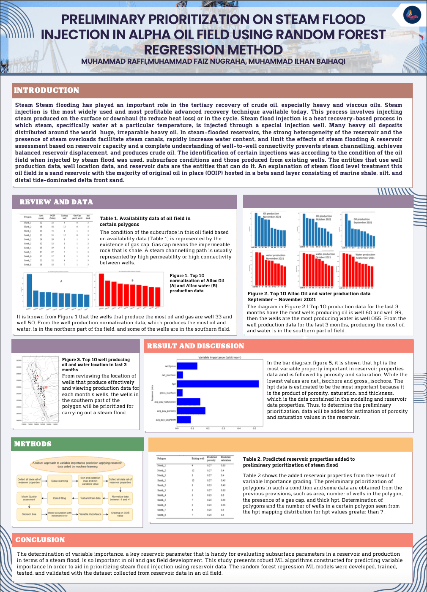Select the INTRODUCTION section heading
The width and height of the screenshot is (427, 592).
point(47,90)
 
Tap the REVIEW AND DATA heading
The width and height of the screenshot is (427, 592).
point(56,202)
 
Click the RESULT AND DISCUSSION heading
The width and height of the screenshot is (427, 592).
point(195,346)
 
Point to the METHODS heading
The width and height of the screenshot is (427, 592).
point(33,444)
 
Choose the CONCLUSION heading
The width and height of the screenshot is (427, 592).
point(40,540)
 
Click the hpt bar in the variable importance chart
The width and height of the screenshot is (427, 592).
point(218,384)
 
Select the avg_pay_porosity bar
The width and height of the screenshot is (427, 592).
point(191,411)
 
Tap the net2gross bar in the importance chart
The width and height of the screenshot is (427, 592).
point(187,366)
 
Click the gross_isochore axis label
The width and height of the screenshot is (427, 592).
point(167,393)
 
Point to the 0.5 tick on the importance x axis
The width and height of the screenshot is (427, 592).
point(255,429)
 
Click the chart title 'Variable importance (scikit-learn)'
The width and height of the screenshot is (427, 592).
point(219,358)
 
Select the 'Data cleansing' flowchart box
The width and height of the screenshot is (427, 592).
point(60,481)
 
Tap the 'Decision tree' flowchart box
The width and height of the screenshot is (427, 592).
point(29,514)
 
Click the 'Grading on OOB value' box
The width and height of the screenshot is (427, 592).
point(120,514)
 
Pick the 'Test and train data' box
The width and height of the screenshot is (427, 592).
point(90,498)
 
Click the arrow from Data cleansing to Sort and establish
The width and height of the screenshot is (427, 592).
point(74,481)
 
